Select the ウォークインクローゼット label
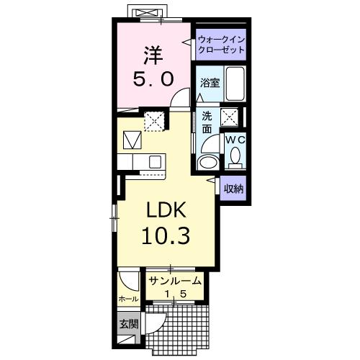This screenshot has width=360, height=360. pos(221,46)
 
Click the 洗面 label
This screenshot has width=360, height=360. pos(207,122)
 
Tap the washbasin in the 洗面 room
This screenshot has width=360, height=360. pos(207,161)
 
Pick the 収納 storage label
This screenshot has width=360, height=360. pos(233,189)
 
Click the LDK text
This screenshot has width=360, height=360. pos(167,210)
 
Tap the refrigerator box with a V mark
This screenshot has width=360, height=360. pos(132,139)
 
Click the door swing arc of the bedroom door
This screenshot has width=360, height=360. pos(183,101)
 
